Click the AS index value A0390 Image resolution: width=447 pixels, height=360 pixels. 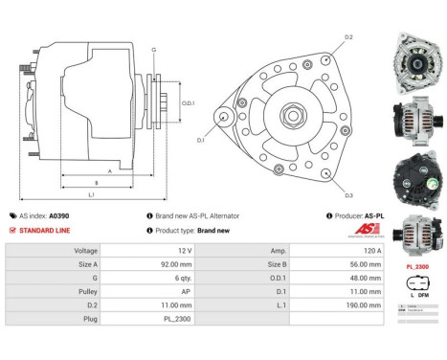pyautogui.click(x=59, y=216)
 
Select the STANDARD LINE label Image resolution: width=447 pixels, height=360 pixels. pyautogui.click(x=45, y=231)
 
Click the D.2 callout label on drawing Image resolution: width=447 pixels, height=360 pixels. pyautogui.click(x=348, y=36)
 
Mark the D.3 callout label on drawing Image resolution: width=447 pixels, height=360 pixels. pyautogui.click(x=348, y=194)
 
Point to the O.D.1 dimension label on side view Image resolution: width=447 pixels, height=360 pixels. pyautogui.click(x=189, y=103)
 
